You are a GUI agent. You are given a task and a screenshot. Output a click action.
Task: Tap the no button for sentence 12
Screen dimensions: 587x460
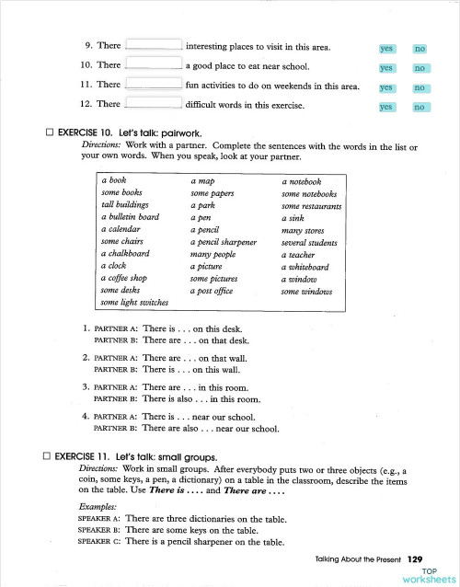[x=421, y=108]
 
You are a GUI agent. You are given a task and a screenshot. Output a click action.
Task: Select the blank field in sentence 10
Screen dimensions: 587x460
[x=153, y=66]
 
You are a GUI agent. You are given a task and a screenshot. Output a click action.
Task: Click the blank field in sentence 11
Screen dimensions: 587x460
[x=153, y=86]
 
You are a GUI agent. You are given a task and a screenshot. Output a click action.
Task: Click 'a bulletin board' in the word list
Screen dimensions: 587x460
[x=131, y=217]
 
